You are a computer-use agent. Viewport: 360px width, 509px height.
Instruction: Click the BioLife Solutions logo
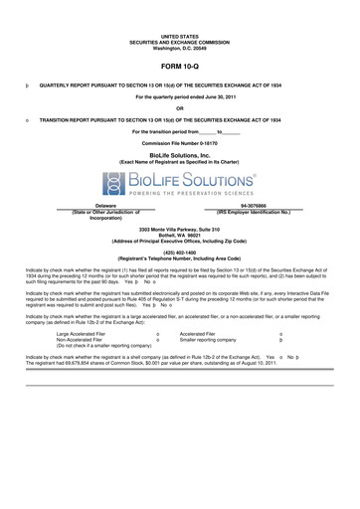[179, 184]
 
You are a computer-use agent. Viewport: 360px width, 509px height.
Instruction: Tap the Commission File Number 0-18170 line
[179, 142]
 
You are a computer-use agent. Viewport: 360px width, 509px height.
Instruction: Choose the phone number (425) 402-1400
[179, 252]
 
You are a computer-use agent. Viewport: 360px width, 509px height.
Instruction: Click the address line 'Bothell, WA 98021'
[179, 235]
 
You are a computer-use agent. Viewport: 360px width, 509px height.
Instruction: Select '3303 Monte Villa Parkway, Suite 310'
[179, 229]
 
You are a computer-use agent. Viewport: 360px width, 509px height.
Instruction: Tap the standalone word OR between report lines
[179, 107]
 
